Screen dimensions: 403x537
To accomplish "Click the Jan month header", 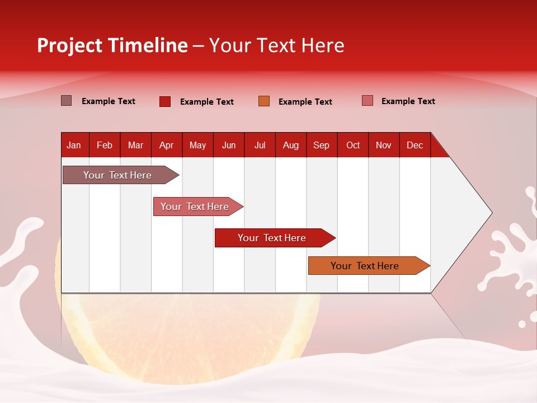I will [x=74, y=145].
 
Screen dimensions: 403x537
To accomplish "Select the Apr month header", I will [x=166, y=145].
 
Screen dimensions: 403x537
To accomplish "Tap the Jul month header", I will [x=260, y=145].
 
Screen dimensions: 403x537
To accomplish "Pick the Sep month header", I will [x=321, y=145].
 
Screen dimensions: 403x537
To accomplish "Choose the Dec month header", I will [x=414, y=145].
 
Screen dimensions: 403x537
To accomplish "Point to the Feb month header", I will [x=105, y=145].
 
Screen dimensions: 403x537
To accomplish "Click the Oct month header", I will [x=353, y=145].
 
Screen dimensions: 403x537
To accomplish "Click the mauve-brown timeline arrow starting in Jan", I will [x=117, y=175].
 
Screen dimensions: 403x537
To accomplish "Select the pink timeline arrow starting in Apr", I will [x=195, y=207].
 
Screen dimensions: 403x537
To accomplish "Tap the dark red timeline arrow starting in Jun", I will [x=272, y=238].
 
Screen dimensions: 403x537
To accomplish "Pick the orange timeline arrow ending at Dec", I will [x=365, y=266].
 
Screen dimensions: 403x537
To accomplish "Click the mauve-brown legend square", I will [x=67, y=101].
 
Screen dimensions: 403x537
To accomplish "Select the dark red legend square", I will [x=165, y=101].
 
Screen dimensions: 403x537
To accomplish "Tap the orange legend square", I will [x=264, y=101].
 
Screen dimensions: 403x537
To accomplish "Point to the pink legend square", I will [x=368, y=101].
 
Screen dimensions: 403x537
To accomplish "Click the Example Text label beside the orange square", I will [x=305, y=102].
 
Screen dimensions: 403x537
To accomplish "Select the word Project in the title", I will [x=69, y=45].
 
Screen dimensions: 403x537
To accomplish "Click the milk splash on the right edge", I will [x=512, y=252].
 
